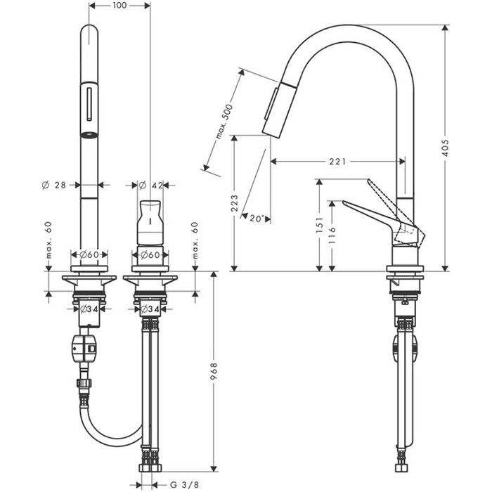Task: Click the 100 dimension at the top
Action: [119, 6]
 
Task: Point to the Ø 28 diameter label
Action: [54, 185]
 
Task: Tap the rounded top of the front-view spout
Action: [90, 32]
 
